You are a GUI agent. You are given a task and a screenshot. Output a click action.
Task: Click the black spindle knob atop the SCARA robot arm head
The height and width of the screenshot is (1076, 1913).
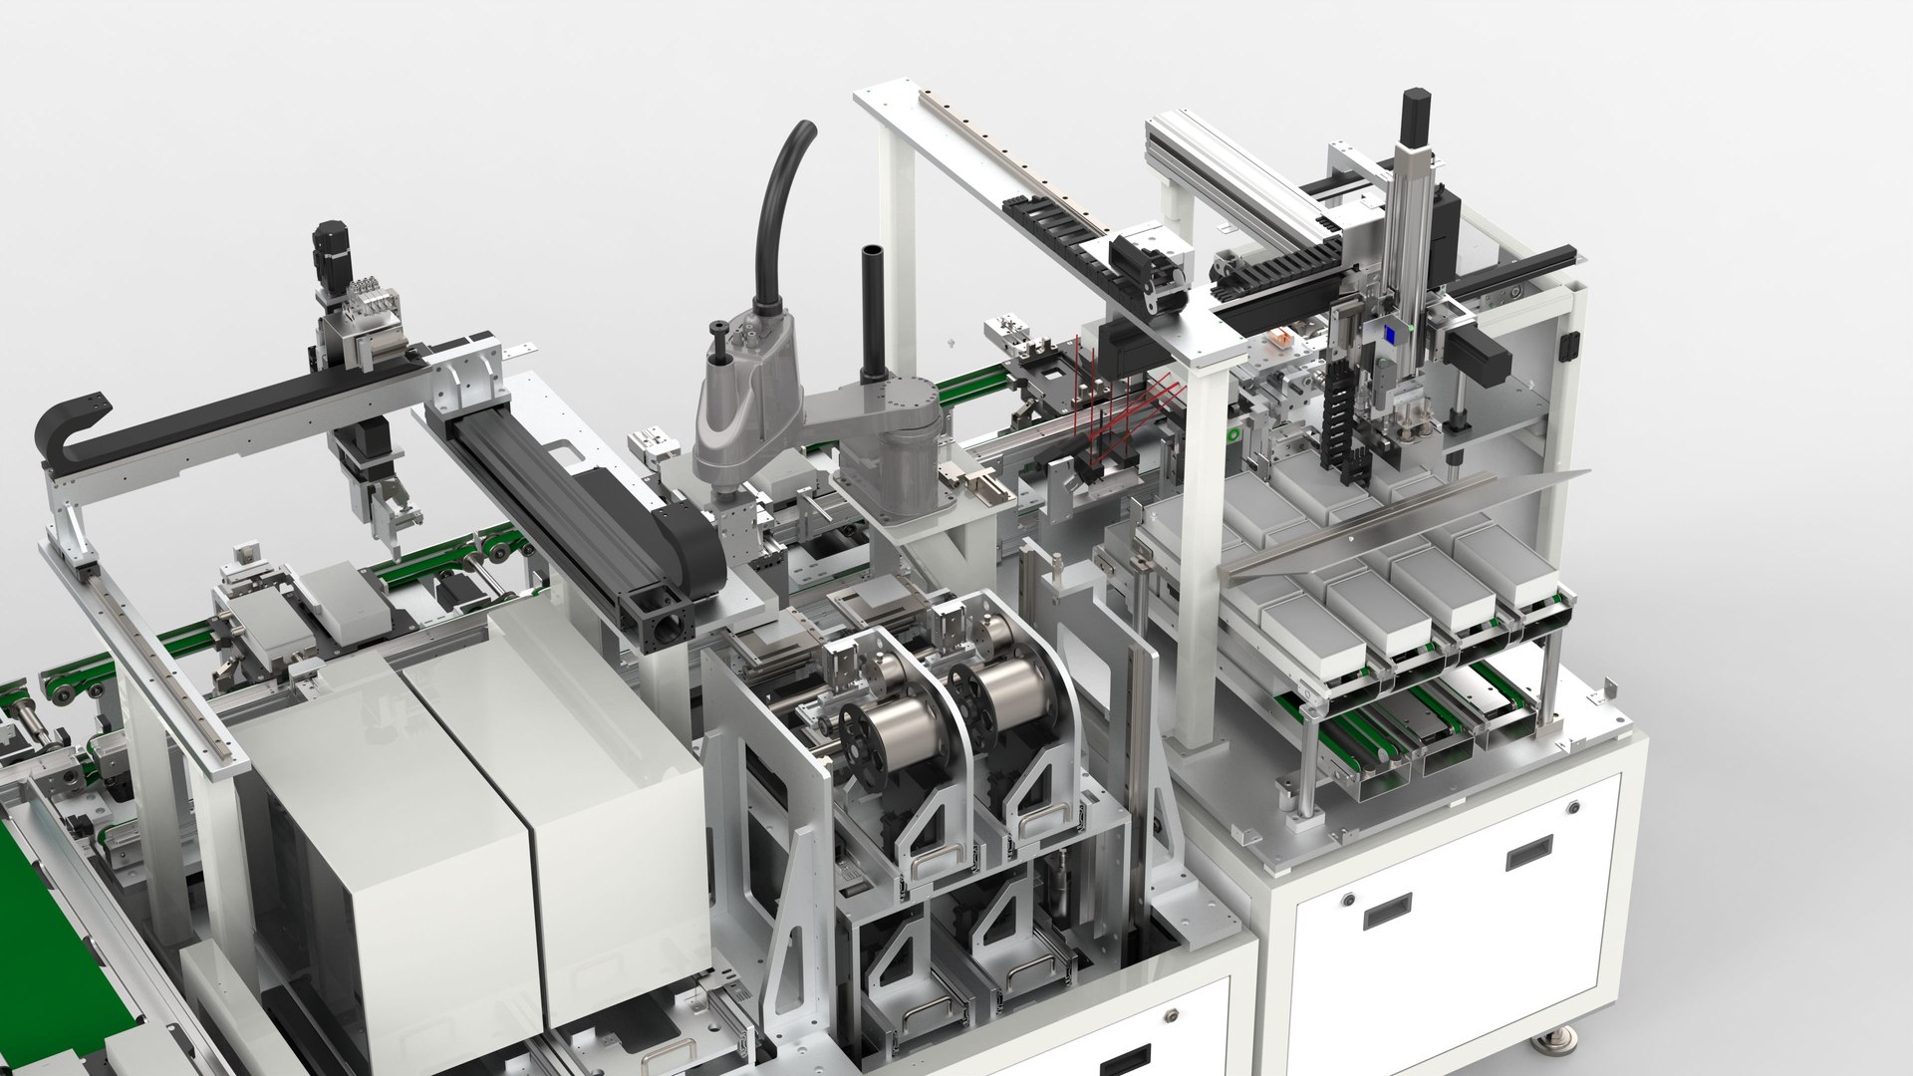click(718, 329)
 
